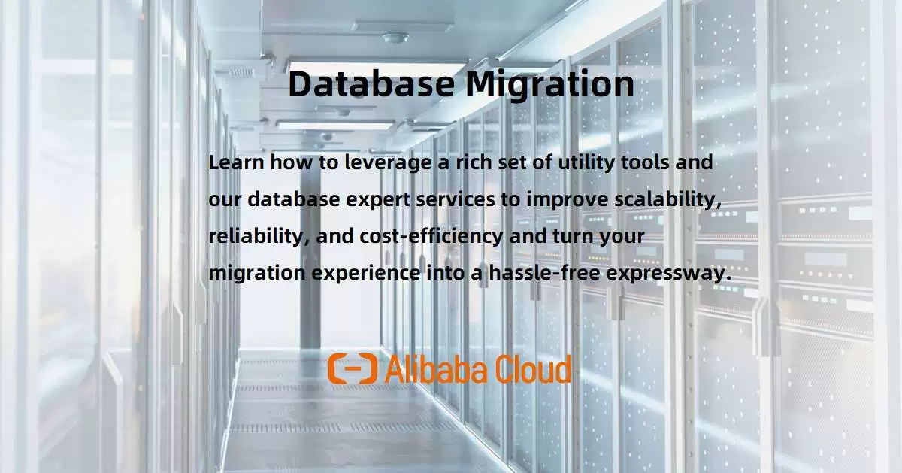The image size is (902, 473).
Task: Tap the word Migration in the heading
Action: coord(549,83)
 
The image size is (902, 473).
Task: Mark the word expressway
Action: coord(667,273)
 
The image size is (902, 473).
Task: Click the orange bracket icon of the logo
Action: coord(353,368)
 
